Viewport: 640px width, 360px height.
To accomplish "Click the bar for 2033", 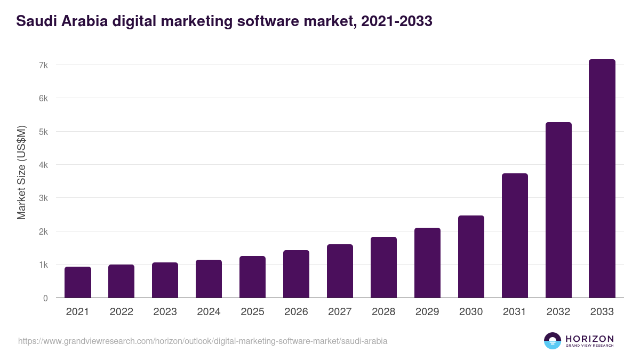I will pos(602,179).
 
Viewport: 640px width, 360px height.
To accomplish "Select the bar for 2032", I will pos(558,210).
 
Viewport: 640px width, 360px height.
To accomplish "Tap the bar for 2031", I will pos(514,236).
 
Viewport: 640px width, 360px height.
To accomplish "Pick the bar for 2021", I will pos(77,282).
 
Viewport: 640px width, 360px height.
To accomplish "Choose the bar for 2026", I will pos(296,274).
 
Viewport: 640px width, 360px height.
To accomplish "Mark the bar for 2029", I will pos(427,263).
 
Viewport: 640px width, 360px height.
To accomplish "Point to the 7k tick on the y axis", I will pos(43,65).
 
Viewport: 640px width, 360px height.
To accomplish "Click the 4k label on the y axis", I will pos(43,165).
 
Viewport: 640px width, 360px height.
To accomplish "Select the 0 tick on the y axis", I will pos(45,298).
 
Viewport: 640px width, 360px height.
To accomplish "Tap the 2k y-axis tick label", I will pos(43,231).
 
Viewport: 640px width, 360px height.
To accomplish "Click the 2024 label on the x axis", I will pos(209,312).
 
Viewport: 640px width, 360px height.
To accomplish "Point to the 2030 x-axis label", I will pos(471,312).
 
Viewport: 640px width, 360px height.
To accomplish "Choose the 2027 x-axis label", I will pos(340,312).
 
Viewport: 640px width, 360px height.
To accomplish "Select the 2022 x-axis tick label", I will pos(121,312).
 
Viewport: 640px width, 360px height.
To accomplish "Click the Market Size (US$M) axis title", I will pos(21,173).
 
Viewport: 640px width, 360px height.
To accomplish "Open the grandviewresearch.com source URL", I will pos(203,341).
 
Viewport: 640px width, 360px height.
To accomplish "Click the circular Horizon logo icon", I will pos(553,341).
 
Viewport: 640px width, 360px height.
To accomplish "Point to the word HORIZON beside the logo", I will pos(589,339).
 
